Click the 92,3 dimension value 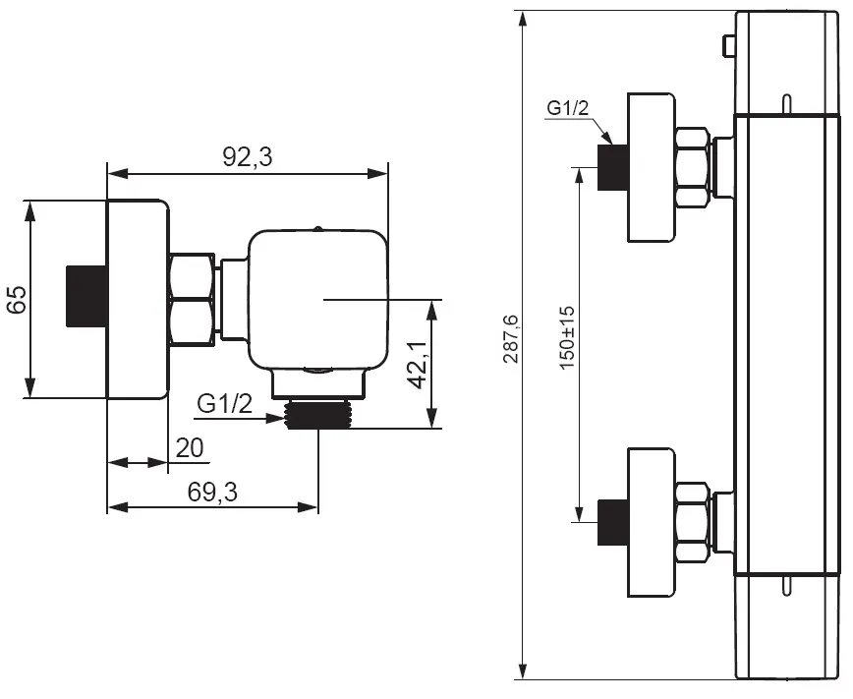[x=247, y=157]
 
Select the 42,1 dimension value [x=418, y=366]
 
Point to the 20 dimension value [x=190, y=448]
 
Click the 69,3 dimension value [x=212, y=493]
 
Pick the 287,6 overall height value [x=511, y=338]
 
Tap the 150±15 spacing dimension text [x=567, y=337]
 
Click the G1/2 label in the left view [x=225, y=404]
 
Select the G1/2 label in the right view [x=568, y=108]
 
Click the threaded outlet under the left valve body [x=318, y=415]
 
